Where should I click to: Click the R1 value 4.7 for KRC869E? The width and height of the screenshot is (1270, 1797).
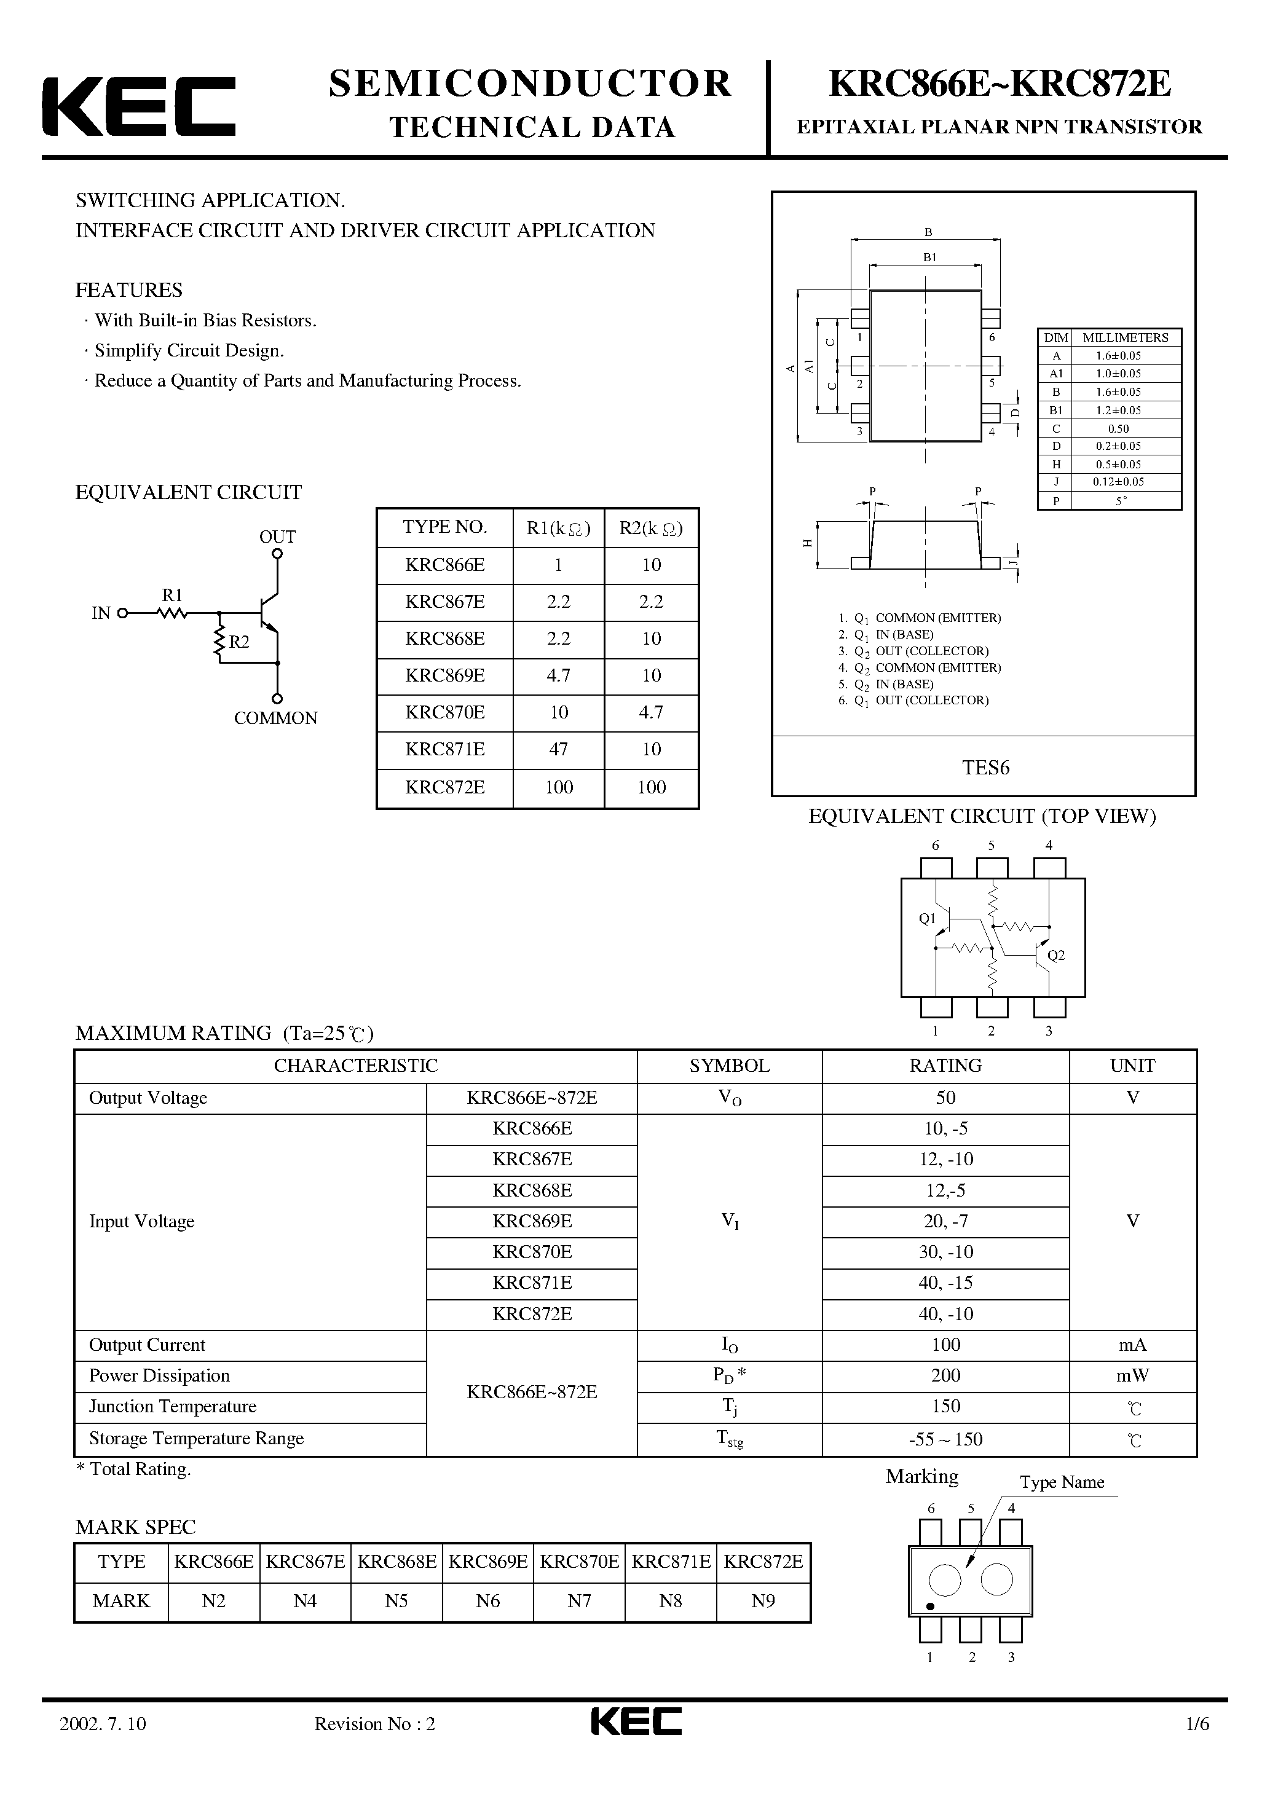[x=558, y=675]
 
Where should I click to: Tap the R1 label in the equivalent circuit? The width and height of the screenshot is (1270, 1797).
[x=172, y=595]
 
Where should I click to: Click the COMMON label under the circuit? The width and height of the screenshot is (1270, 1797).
[x=275, y=718]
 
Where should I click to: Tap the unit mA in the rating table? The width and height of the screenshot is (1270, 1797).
[x=1132, y=1345]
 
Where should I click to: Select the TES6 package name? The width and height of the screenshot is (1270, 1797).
[x=985, y=768]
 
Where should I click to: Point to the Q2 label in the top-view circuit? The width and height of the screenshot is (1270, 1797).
[x=1055, y=955]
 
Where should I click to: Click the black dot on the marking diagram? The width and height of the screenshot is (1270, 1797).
[x=930, y=1606]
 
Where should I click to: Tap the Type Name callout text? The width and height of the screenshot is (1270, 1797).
[x=1062, y=1482]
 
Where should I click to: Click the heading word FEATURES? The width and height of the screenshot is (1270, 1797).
[x=128, y=290]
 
